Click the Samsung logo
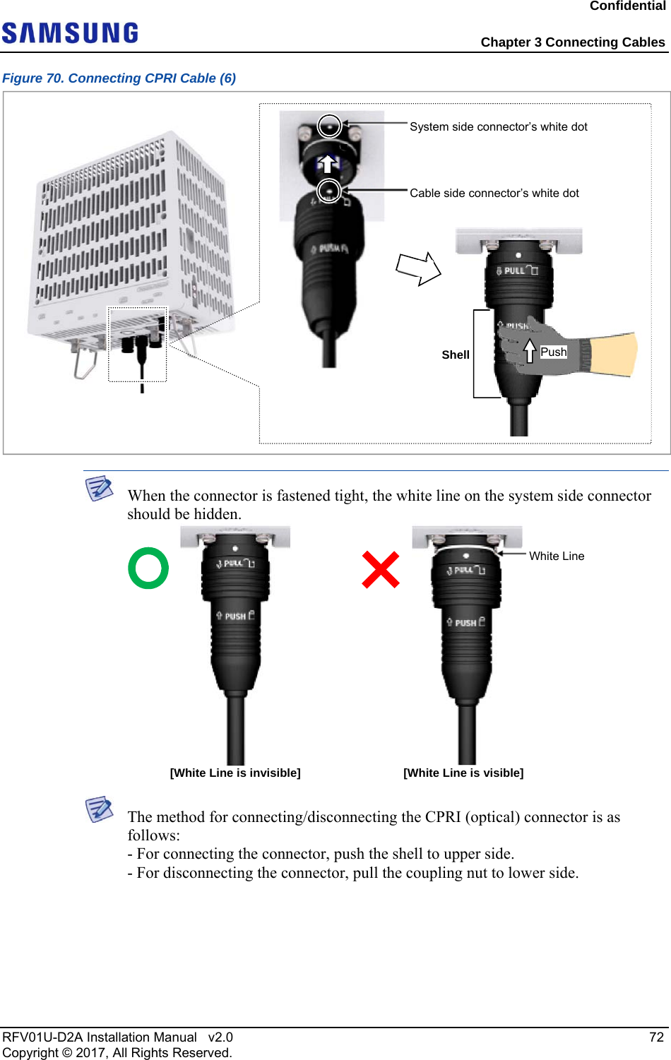(x=70, y=33)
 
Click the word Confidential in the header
(x=627, y=6)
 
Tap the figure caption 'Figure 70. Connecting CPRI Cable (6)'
(x=119, y=78)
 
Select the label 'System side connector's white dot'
(x=498, y=127)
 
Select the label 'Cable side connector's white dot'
(x=494, y=193)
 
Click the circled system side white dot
(x=329, y=126)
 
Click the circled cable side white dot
(x=329, y=190)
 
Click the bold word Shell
(x=456, y=355)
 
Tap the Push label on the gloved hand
(x=554, y=352)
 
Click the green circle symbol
(x=148, y=568)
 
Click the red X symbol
(x=381, y=570)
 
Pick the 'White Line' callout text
(x=557, y=556)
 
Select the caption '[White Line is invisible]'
(x=235, y=773)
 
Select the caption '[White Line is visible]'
(x=463, y=773)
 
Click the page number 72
(x=656, y=1037)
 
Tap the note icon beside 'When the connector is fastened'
(x=100, y=488)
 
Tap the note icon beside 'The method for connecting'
(x=100, y=809)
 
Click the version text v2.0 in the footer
(x=220, y=1037)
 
